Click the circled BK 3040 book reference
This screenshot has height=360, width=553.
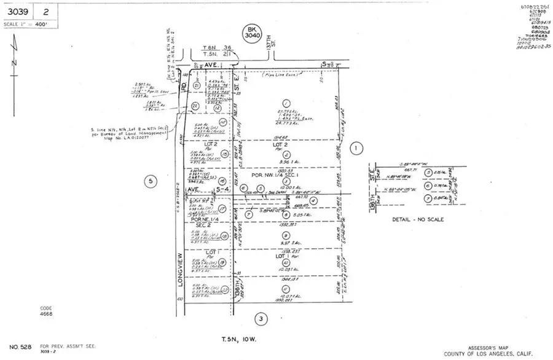click(x=249, y=33)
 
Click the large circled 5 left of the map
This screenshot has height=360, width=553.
click(x=149, y=181)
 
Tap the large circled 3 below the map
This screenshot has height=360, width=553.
click(x=261, y=318)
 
